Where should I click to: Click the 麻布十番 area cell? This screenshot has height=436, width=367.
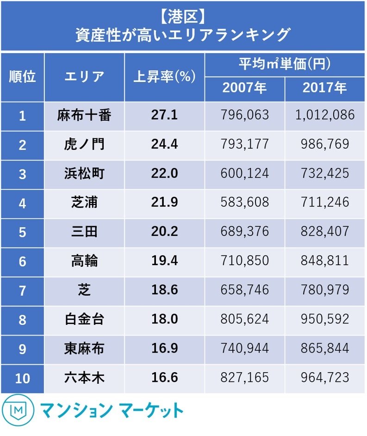(x=84, y=115)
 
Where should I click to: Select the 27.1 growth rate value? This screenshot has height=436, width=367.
(x=164, y=115)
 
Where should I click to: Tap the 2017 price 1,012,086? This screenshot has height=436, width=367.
(x=325, y=115)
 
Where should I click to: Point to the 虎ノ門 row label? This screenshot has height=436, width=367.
(x=84, y=144)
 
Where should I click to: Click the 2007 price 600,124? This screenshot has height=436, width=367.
(x=244, y=174)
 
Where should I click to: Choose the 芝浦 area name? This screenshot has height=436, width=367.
(x=84, y=203)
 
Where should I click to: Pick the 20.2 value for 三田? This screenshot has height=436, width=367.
(x=164, y=232)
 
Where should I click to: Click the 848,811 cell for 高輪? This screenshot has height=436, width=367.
(x=325, y=261)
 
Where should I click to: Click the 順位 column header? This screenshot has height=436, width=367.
(x=22, y=76)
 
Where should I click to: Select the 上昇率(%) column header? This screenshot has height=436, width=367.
(x=164, y=76)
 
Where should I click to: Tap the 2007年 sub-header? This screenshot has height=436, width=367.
(x=244, y=88)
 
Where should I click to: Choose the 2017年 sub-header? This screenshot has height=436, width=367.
(x=325, y=88)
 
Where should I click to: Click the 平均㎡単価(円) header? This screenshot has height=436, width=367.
(x=285, y=64)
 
